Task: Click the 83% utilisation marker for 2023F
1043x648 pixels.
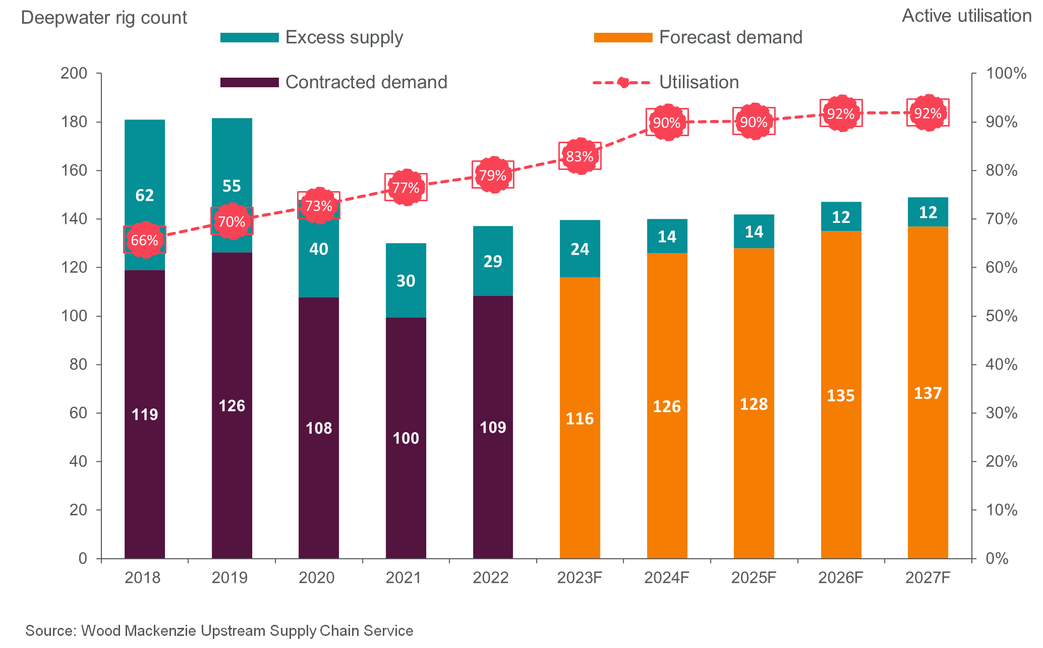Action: [x=580, y=156]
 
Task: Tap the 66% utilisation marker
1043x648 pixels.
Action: [x=145, y=240]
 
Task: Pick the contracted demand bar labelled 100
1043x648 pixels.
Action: [x=405, y=438]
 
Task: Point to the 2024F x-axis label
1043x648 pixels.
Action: [x=666, y=577]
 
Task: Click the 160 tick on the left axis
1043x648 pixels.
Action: [x=74, y=170]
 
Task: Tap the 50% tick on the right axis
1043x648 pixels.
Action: [x=1001, y=316]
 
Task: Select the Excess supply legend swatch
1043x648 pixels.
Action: [x=249, y=38]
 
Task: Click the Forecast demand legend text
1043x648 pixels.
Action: [x=730, y=37]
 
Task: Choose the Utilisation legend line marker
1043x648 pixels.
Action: [x=623, y=82]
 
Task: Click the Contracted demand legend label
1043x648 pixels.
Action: [x=366, y=82]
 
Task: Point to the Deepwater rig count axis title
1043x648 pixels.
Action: [x=104, y=18]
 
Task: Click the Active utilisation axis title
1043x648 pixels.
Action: [x=966, y=16]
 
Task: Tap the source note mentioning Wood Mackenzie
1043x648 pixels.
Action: [x=219, y=631]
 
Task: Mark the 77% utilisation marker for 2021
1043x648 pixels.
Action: [x=405, y=188]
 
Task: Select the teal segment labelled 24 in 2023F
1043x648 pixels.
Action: [x=580, y=249]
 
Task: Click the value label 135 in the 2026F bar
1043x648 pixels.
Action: [x=840, y=395]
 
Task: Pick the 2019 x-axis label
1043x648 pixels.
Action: [x=229, y=577]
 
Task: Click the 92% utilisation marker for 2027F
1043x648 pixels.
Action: [x=928, y=113]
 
